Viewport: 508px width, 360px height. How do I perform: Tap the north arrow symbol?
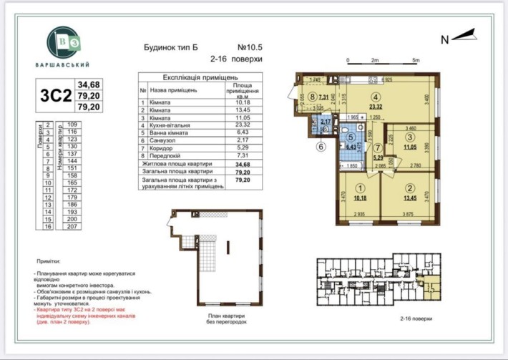pyautogui.click(x=465, y=35)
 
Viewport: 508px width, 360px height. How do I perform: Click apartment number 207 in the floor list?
pyautogui.click(x=72, y=225)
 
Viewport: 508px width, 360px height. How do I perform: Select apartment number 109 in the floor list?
pyautogui.click(x=72, y=125)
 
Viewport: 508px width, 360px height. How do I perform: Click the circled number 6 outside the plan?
pyautogui.click(x=321, y=147)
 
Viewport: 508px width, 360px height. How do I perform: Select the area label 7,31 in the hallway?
pyautogui.click(x=323, y=97)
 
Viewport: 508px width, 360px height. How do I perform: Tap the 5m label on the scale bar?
pyautogui.click(x=416, y=60)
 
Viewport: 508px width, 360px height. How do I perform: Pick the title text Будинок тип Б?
pyautogui.click(x=169, y=48)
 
